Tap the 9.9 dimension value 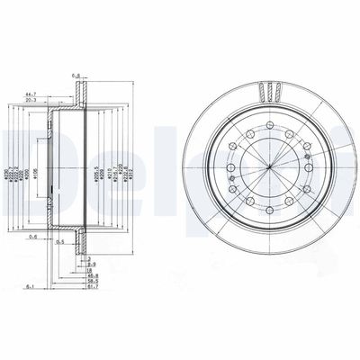pos(91,264)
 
